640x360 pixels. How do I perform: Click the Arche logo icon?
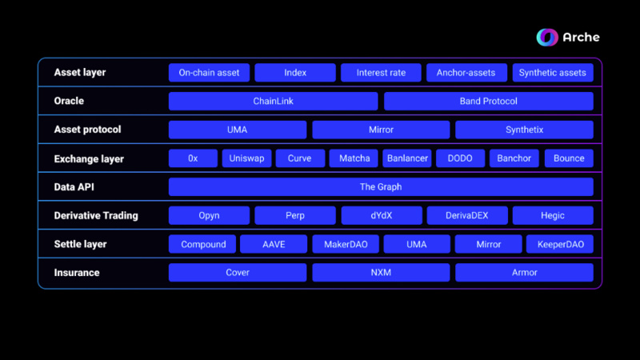point(547,37)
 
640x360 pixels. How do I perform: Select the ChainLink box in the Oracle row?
point(273,102)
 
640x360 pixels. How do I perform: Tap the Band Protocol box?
point(488,102)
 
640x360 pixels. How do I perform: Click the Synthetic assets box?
point(552,73)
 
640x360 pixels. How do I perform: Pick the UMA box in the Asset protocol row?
point(237,130)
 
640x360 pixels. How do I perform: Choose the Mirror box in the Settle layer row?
point(488,244)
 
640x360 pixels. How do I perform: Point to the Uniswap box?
point(246,158)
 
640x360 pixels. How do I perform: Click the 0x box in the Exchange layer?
point(193,158)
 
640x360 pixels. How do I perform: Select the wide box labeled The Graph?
point(381,187)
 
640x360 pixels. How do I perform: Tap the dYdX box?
point(381,215)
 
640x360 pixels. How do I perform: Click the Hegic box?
point(552,215)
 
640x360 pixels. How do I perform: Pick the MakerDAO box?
point(346,244)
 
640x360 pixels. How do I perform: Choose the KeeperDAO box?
point(559,244)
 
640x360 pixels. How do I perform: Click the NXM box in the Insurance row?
point(381,273)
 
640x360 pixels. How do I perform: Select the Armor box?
point(524,273)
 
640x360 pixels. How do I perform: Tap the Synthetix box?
point(524,130)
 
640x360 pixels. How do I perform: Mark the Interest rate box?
point(381,73)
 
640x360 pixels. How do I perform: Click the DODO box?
point(460,158)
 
